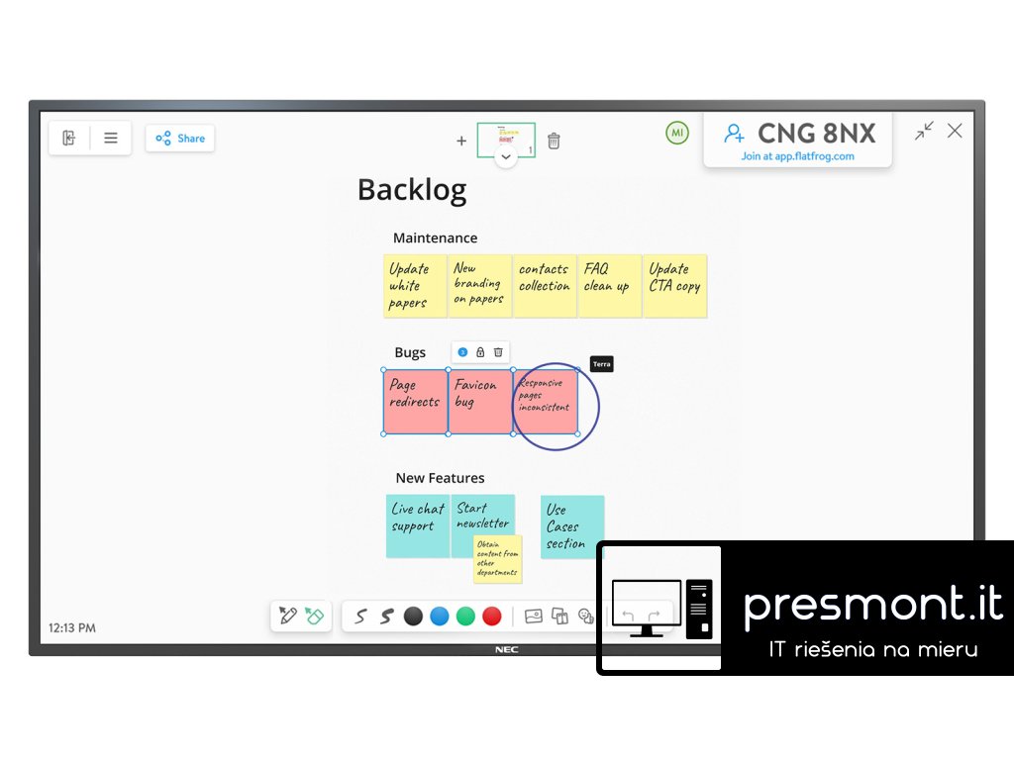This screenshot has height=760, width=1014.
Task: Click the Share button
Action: [x=180, y=139]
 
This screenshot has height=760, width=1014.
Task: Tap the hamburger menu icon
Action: [x=111, y=139]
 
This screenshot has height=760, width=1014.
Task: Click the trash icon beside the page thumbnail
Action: [x=554, y=141]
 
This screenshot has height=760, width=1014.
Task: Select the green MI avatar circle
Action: [x=677, y=133]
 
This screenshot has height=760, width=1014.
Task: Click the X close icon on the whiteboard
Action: [x=955, y=131]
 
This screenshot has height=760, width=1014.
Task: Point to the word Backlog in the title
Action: [x=411, y=189]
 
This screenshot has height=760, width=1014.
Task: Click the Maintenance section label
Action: [x=435, y=237]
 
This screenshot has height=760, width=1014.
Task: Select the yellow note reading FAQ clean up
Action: [x=609, y=285]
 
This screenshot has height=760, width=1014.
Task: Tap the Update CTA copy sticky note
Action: [x=675, y=285]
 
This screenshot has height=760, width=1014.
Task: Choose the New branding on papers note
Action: [x=479, y=285]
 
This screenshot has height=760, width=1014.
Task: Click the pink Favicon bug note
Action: [x=479, y=401]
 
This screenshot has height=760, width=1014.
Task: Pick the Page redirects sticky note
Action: [x=415, y=401]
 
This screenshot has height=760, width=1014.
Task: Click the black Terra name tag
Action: [x=602, y=364]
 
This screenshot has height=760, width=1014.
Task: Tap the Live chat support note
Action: [x=418, y=525]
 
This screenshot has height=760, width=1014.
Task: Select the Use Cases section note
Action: [x=571, y=526]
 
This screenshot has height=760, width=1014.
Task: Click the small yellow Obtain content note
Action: [x=497, y=559]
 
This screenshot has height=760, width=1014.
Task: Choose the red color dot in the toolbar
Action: [x=491, y=617]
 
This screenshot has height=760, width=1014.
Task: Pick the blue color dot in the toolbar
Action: [x=440, y=617]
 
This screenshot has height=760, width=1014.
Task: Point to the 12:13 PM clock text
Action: [x=72, y=627]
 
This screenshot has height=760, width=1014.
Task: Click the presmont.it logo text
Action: [x=872, y=604]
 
